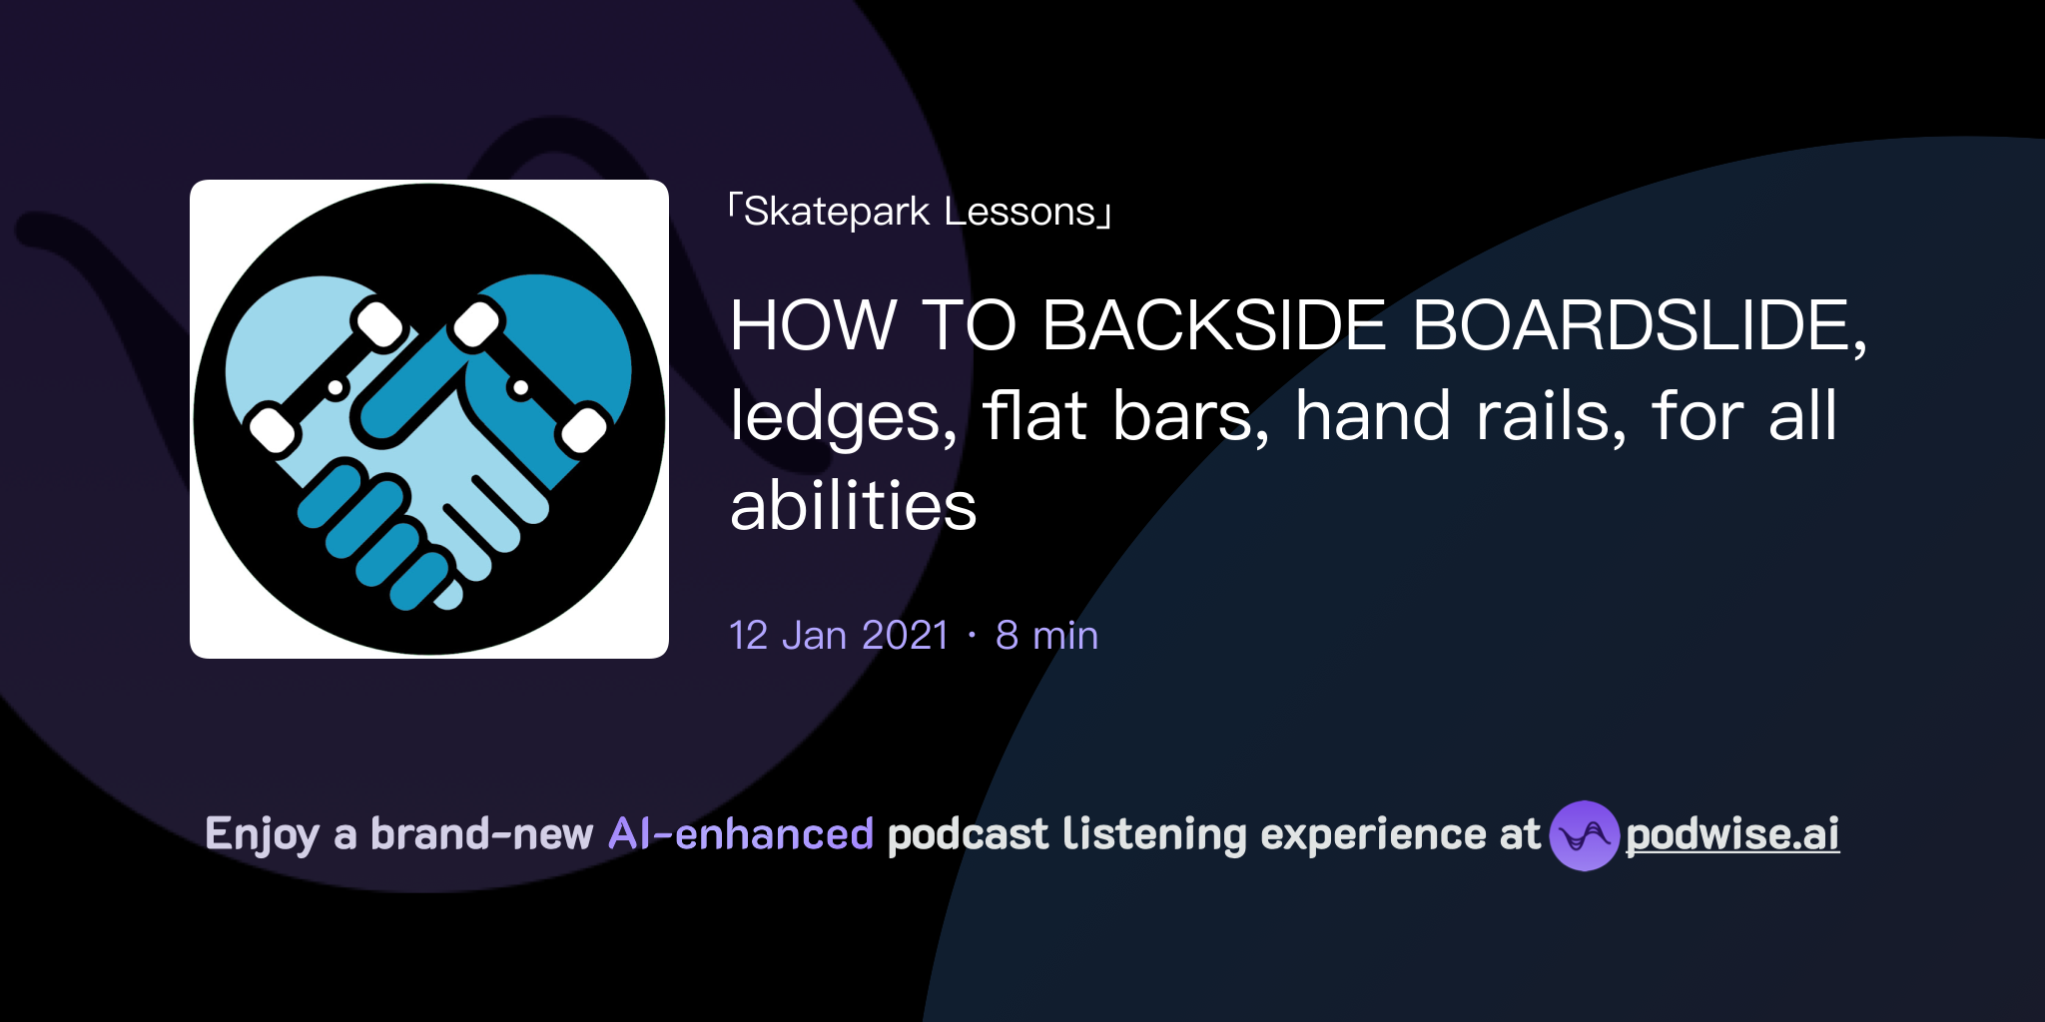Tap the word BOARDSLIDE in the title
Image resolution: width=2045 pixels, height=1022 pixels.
click(x=1638, y=325)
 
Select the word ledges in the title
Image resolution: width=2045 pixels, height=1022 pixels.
click(x=844, y=416)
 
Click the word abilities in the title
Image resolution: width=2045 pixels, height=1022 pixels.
click(x=854, y=506)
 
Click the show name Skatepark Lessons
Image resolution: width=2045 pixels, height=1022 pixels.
click(x=920, y=213)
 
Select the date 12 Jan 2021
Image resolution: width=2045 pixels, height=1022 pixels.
click(x=839, y=636)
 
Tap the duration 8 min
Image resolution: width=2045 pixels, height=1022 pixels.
click(x=1046, y=636)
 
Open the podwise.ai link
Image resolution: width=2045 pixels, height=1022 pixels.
click(x=1732, y=834)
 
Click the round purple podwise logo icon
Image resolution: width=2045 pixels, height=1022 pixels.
click(x=1584, y=835)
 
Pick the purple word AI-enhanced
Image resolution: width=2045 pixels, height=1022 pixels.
click(x=741, y=834)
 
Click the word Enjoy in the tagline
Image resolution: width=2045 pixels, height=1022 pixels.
click(x=262, y=834)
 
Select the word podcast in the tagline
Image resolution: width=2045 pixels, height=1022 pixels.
click(x=968, y=834)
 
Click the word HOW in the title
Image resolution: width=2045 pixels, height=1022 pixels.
click(x=813, y=325)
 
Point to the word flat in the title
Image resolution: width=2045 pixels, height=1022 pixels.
click(x=1033, y=416)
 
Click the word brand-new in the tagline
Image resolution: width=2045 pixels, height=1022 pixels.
click(x=481, y=834)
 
